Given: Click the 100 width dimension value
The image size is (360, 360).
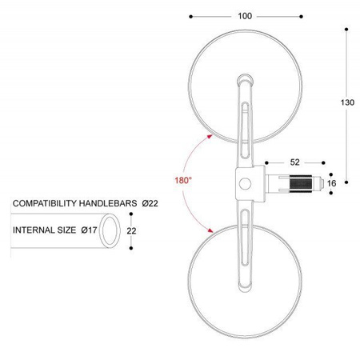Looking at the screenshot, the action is (x=245, y=16).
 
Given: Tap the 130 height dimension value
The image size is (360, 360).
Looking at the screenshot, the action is (x=347, y=102).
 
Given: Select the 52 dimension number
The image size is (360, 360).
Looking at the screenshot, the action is (x=294, y=162).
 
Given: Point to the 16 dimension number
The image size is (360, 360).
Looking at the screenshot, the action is (x=331, y=183).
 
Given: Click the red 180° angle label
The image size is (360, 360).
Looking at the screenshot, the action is (x=183, y=181).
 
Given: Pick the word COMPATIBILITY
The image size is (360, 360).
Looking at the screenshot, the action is (x=45, y=203).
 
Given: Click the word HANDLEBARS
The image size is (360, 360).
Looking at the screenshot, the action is (x=108, y=203).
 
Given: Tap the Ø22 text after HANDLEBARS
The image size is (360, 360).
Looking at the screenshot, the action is (x=150, y=203).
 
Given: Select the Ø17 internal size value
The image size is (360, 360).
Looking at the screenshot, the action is (x=89, y=230).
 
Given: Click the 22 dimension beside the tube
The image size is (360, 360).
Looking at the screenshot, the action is (x=131, y=230).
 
